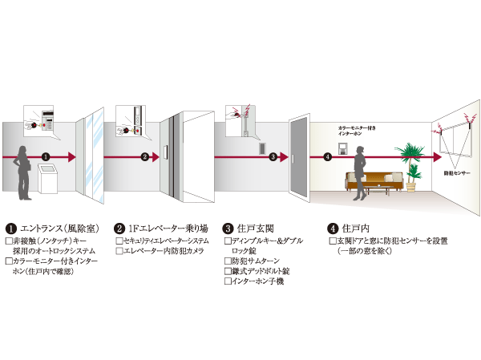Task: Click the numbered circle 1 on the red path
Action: [46, 156]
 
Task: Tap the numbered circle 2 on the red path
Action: [144, 156]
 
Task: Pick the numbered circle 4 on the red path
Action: [328, 156]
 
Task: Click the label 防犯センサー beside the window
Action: [458, 172]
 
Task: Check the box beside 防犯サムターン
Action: [228, 261]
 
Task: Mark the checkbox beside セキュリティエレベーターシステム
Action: [119, 240]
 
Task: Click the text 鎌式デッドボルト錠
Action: [261, 271]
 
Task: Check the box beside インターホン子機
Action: [228, 281]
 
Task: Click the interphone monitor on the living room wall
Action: [342, 147]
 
